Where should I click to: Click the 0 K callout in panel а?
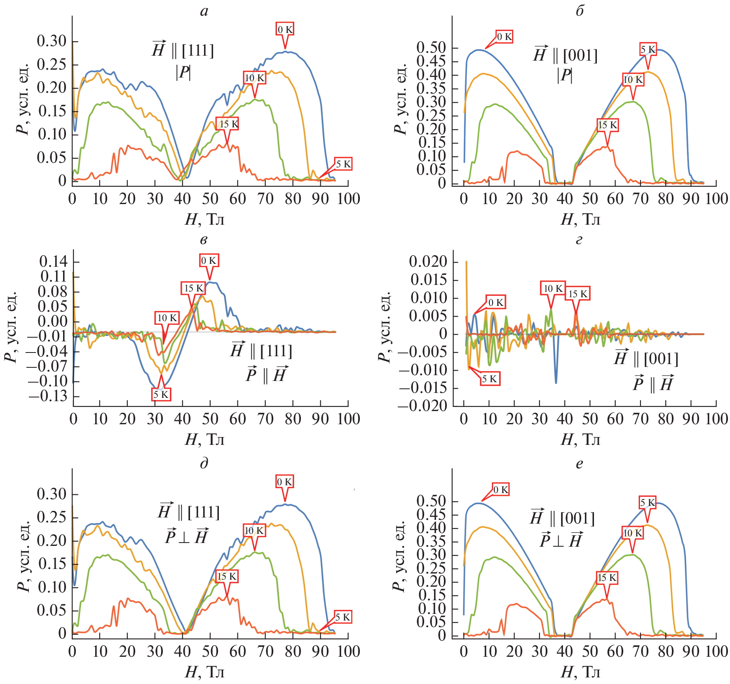(285, 30)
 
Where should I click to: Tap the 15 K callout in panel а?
(228, 124)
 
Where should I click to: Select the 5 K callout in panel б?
(648, 49)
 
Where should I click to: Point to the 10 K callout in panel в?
(167, 318)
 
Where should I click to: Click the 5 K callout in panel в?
(161, 395)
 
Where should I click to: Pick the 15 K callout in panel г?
(578, 294)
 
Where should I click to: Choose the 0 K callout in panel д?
(284, 482)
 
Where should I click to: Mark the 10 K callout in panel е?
(633, 533)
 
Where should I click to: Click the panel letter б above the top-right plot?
(580, 11)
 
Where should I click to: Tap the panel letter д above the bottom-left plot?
(204, 463)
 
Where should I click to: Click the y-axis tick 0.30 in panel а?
(52, 41)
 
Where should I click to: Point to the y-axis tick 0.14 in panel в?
(53, 261)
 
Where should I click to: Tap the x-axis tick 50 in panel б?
(590, 199)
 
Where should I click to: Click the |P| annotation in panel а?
(183, 73)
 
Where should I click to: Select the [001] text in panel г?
(661, 359)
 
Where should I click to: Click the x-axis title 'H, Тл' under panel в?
(204, 440)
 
